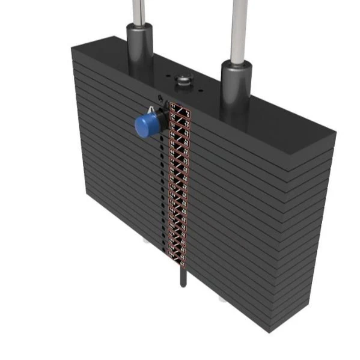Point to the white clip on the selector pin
(x=151, y=110)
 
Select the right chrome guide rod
(x=237, y=27)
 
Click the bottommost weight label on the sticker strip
(x=178, y=257)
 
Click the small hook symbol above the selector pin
(x=159, y=98)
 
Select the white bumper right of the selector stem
(x=223, y=297)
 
